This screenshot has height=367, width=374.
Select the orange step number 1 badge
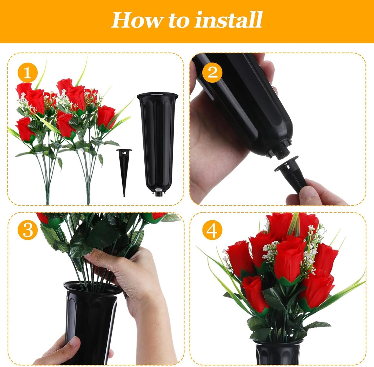point(27,73)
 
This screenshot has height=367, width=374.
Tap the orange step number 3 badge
point(27,230)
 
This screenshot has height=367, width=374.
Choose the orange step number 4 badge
point(212,230)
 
